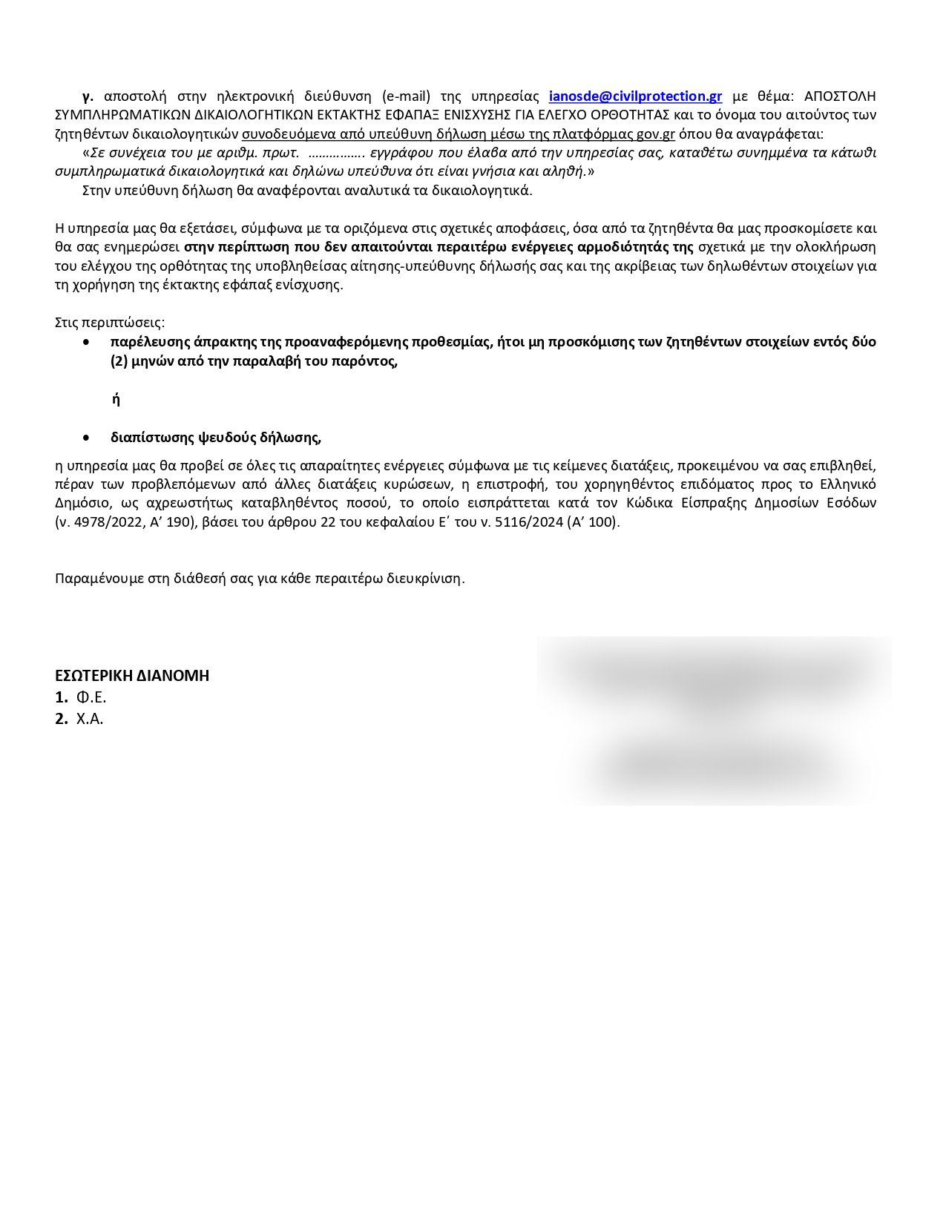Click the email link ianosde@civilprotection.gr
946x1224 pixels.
tap(635, 96)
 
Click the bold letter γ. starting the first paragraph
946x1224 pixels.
tap(88, 96)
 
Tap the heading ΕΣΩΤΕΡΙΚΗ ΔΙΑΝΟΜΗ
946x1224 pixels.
tap(132, 676)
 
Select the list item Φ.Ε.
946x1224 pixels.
tap(91, 697)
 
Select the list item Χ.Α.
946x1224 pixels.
tap(90, 719)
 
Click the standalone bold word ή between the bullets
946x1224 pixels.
tap(116, 400)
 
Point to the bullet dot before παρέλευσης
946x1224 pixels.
tap(88, 342)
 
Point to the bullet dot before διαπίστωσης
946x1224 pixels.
tap(88, 438)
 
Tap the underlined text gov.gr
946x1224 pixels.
tap(656, 134)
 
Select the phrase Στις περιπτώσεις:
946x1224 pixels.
tap(110, 323)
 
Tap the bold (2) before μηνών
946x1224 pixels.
tap(120, 361)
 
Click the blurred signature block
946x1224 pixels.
tap(714, 720)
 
